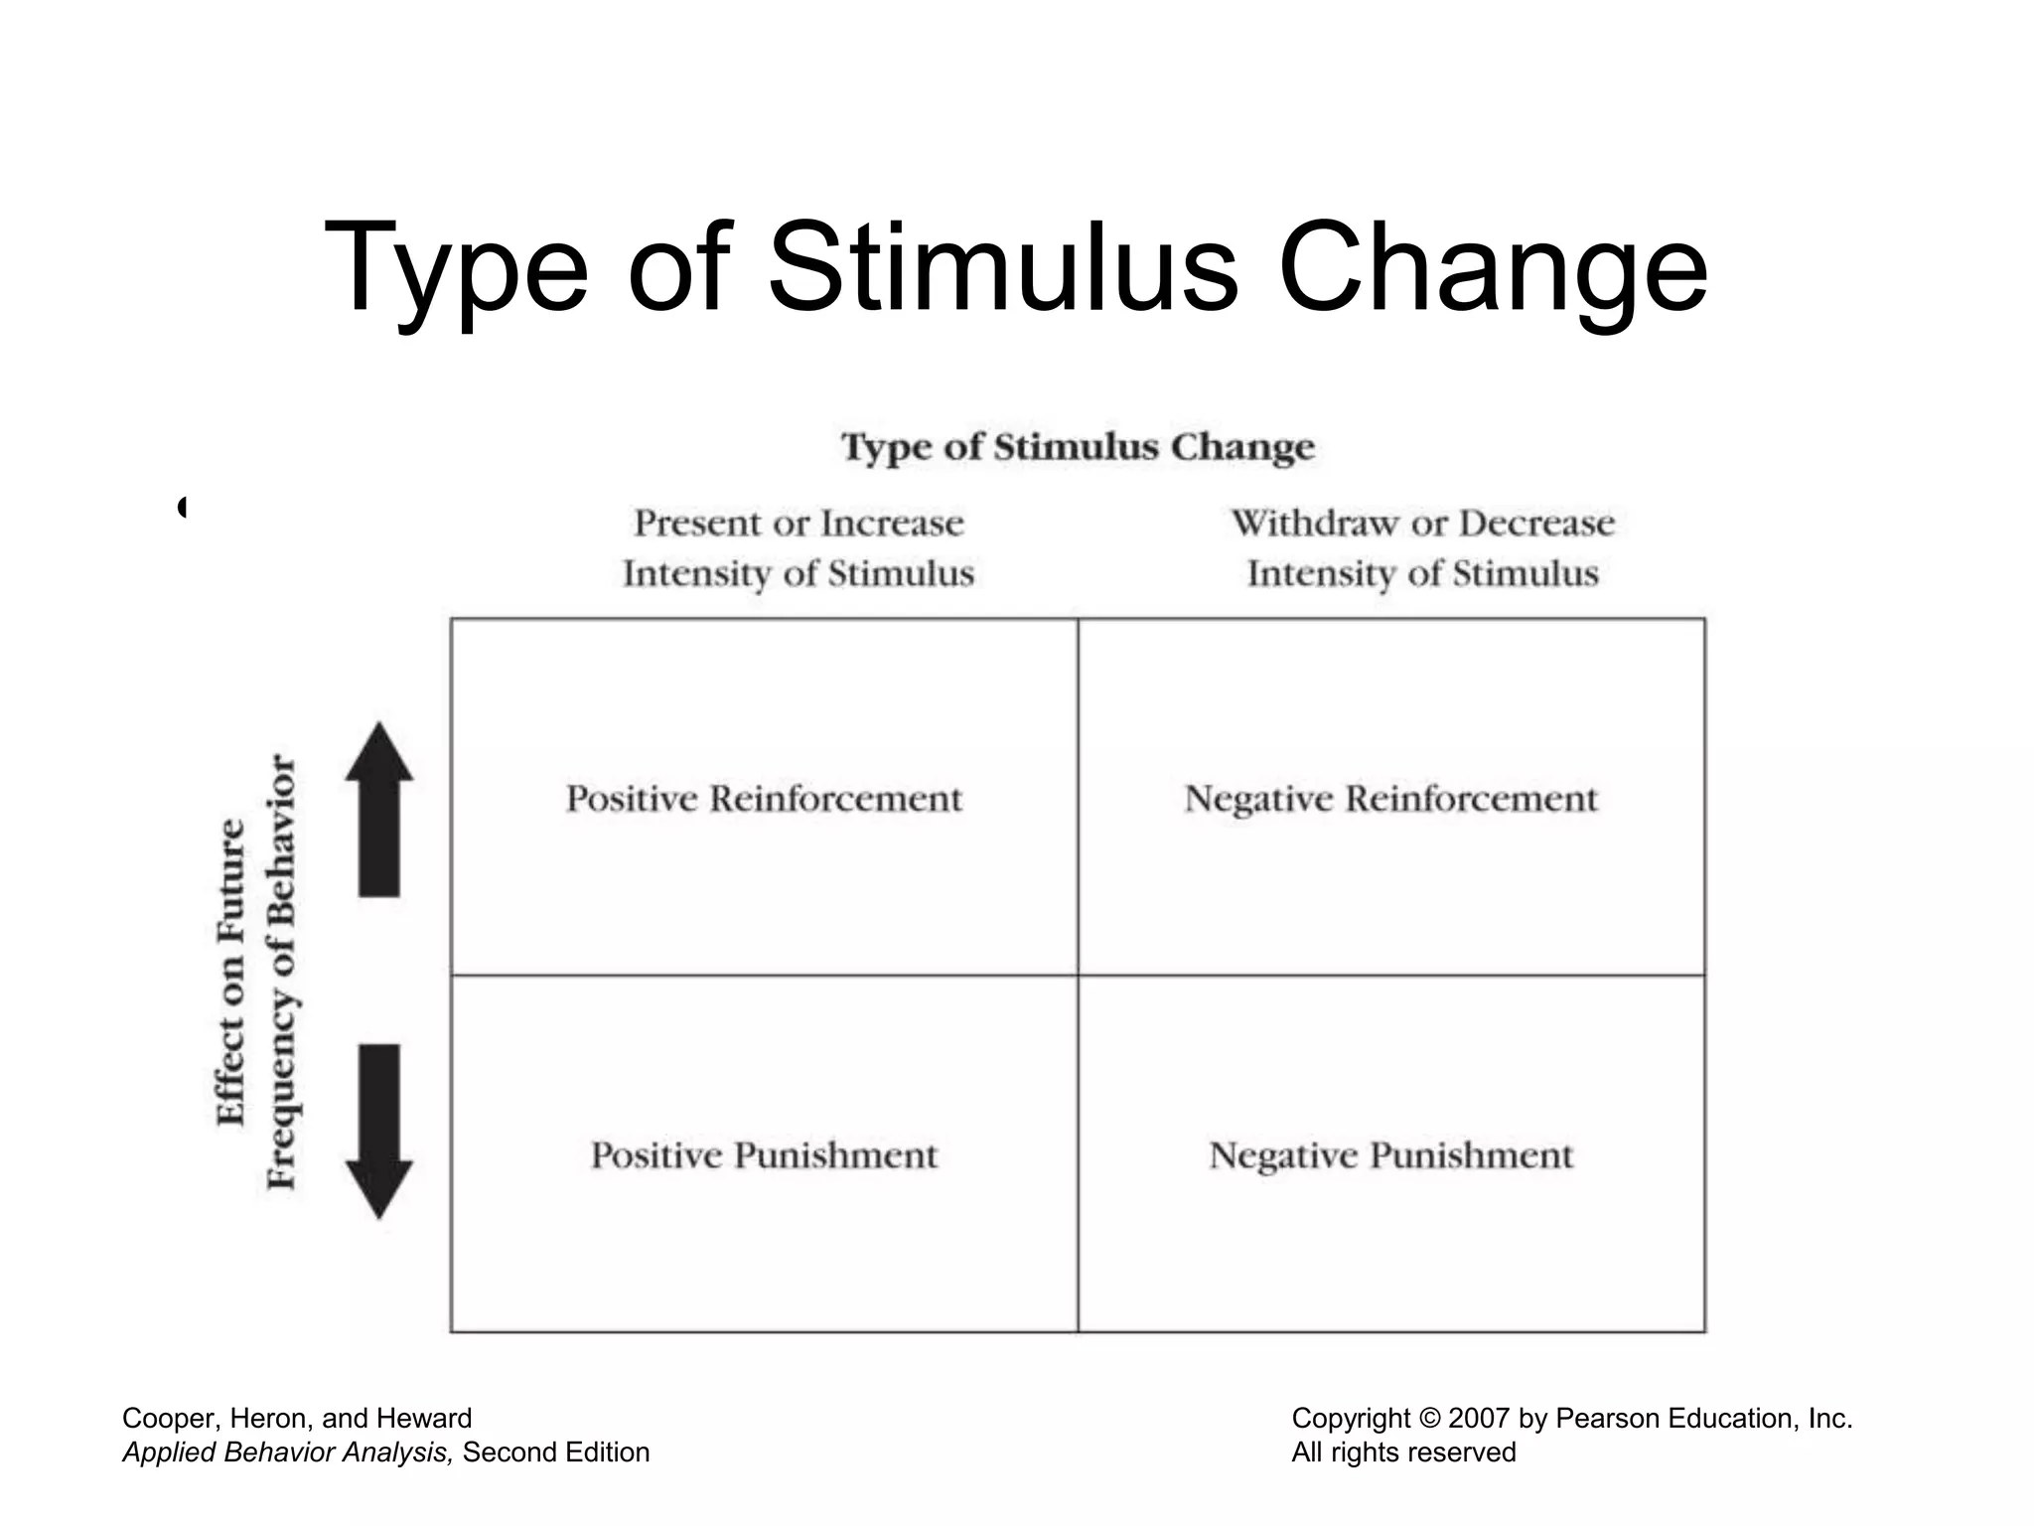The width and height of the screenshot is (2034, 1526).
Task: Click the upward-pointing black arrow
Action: tap(378, 810)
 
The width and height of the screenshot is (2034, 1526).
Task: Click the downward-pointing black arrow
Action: tap(378, 1131)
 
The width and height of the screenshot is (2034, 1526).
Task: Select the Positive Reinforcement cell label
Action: tap(764, 799)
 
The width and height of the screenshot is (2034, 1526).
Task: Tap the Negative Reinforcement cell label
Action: tap(1390, 799)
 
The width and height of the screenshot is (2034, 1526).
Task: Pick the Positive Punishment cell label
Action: tap(764, 1155)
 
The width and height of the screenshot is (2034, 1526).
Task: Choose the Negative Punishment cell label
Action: tap(1390, 1155)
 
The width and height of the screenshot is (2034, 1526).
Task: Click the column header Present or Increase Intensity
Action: tap(799, 548)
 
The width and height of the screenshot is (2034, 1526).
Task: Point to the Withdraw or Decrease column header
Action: tap(1422, 548)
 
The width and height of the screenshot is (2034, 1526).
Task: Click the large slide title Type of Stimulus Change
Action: tap(1015, 268)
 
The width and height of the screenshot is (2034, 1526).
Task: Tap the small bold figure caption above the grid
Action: tap(1078, 447)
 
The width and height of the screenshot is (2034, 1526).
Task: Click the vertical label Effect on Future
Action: tap(230, 972)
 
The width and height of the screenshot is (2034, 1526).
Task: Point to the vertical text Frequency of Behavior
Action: tap(282, 972)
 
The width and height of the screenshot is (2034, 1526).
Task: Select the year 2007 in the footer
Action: tap(1480, 1419)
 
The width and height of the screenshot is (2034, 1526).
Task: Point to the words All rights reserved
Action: tap(1403, 1452)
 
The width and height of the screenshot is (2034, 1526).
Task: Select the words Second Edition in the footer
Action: tap(556, 1452)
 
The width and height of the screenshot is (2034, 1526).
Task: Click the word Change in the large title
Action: tap(1492, 268)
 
